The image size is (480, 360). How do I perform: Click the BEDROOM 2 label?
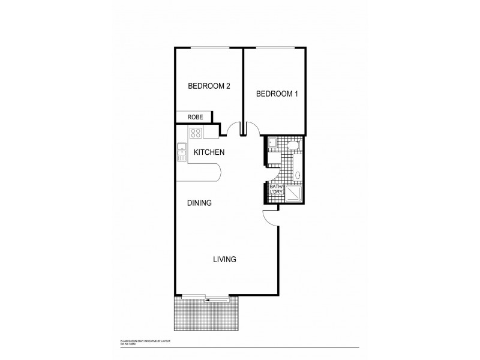(209, 86)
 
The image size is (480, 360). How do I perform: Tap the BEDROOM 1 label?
(277, 94)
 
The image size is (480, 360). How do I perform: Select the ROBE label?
(194, 118)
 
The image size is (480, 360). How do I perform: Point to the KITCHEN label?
(209, 152)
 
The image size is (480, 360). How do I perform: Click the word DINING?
(199, 203)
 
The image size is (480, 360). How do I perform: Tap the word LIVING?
(224, 260)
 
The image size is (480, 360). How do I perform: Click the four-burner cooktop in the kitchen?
(196, 133)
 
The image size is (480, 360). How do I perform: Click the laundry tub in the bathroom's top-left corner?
(271, 142)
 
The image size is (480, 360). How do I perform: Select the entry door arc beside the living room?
(271, 219)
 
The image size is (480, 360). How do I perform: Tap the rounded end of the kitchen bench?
(220, 173)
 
